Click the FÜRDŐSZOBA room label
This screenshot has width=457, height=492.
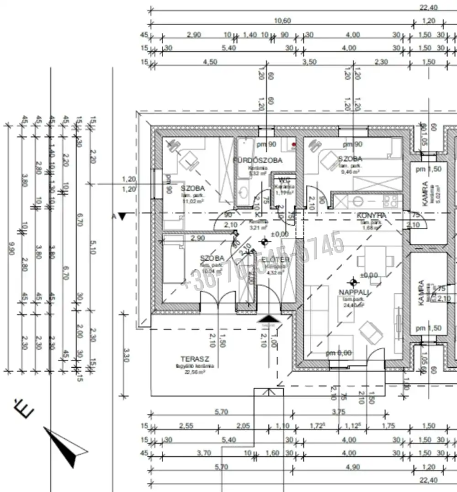click(258, 160)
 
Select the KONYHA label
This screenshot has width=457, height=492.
click(371, 215)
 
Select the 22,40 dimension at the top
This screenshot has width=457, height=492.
click(429, 7)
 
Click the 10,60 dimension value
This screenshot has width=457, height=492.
click(282, 21)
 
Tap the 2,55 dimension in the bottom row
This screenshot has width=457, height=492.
click(186, 426)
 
